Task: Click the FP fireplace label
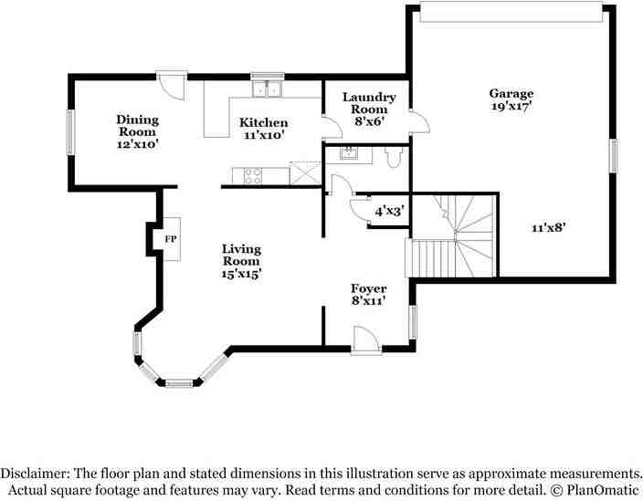(x=170, y=239)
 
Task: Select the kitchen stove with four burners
(x=248, y=175)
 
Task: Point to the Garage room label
(x=511, y=93)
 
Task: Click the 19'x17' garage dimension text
(x=511, y=107)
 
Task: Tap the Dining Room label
(x=137, y=125)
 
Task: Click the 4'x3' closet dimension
(x=390, y=211)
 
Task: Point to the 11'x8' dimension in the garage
(x=549, y=229)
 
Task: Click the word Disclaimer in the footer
(x=37, y=474)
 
